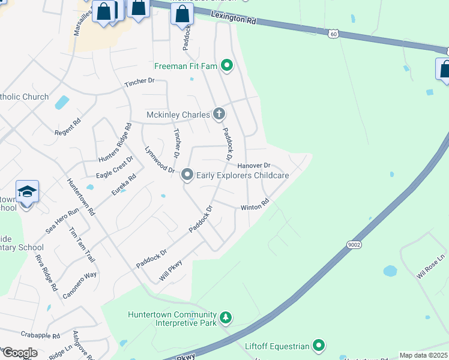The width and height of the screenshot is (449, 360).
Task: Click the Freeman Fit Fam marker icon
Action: point(226,65)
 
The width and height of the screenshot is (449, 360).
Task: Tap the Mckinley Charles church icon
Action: point(219,113)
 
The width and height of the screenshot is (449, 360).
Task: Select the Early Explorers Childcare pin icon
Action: point(187,175)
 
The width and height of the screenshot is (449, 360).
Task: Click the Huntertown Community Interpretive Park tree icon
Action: point(225,316)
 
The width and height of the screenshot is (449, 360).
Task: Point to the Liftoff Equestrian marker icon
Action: point(319,346)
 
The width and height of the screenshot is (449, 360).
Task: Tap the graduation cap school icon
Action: point(28,192)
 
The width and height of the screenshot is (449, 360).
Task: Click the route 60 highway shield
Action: point(333,34)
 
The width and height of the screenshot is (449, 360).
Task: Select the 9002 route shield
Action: point(354,245)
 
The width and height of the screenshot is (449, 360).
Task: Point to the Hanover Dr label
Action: point(254,165)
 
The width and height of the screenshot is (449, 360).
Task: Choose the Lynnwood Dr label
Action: point(158,160)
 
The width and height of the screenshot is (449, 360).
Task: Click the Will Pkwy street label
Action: point(170,267)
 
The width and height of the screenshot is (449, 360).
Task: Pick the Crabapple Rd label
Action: point(40,336)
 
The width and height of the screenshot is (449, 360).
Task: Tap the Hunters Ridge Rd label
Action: point(115,143)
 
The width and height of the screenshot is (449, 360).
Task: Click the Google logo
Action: point(19,353)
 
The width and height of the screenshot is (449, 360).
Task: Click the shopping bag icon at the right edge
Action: point(445,69)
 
